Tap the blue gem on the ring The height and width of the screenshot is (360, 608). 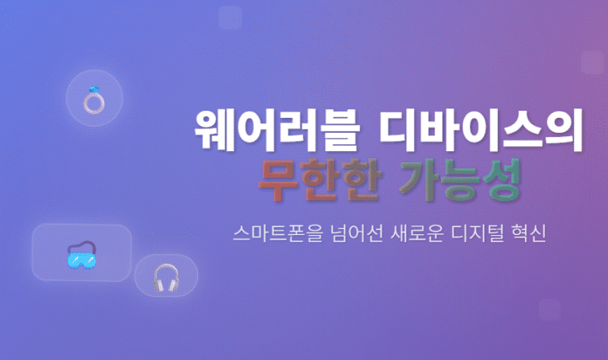tap(94, 90)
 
